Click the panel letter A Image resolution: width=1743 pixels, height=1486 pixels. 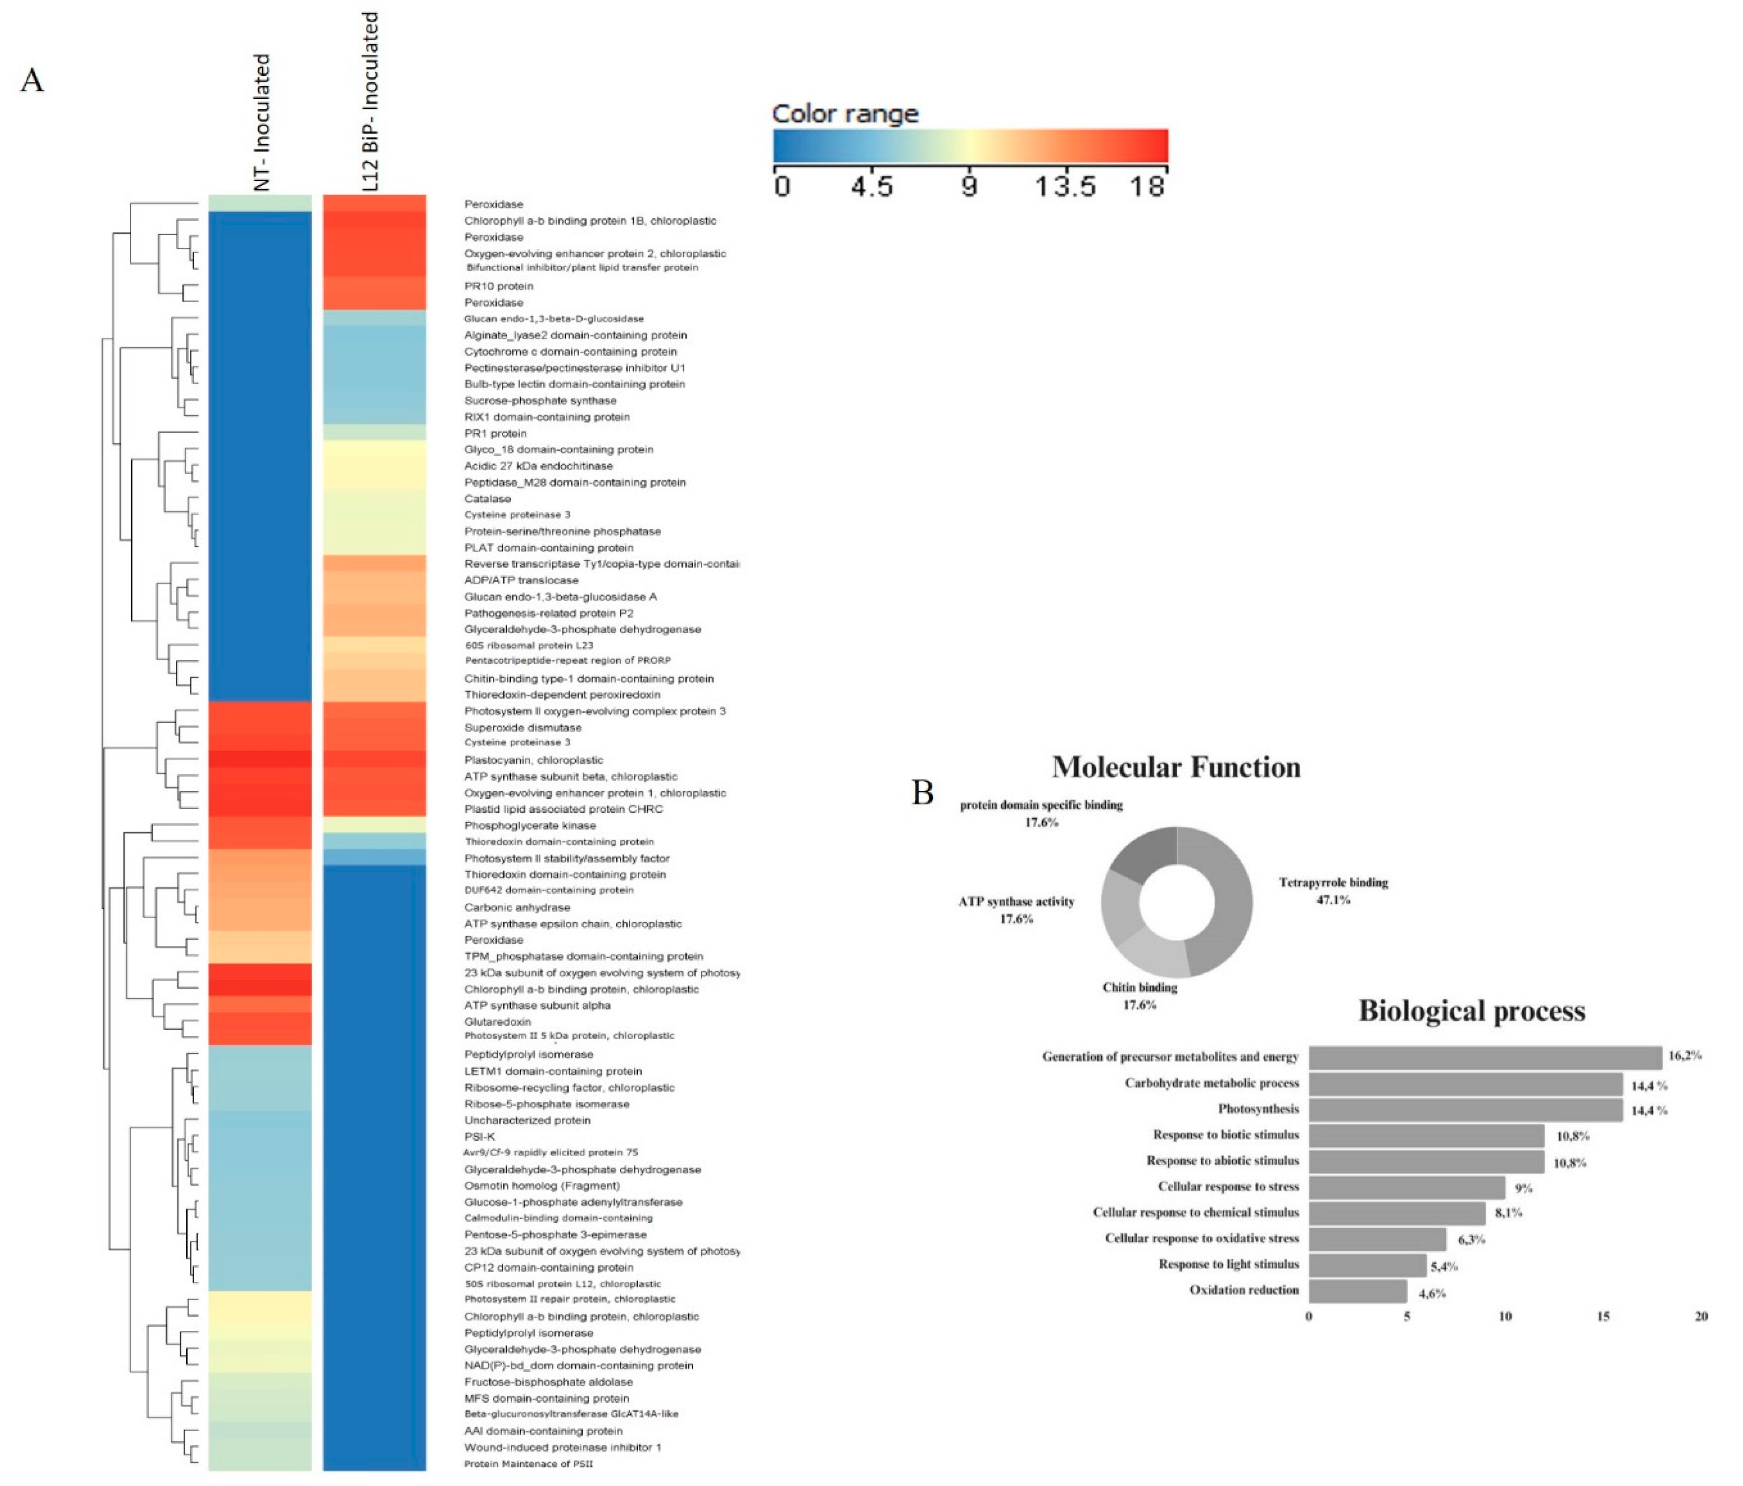[x=32, y=81]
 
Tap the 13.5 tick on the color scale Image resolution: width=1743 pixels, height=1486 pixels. [x=1064, y=186]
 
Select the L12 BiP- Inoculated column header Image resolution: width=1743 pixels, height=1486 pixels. [x=369, y=101]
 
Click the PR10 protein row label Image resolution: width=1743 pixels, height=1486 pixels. [x=498, y=286]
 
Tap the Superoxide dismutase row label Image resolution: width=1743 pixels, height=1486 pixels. [x=523, y=728]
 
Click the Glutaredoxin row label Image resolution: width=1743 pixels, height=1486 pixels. [x=497, y=1022]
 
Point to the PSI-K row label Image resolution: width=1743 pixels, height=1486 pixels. [x=480, y=1136]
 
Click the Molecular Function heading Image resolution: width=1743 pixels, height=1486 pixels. [x=1175, y=767]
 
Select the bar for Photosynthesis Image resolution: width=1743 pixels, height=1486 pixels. [x=1465, y=1109]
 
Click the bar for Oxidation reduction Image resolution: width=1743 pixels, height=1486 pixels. [x=1357, y=1291]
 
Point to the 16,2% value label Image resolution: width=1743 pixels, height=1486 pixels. [x=1684, y=1055]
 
